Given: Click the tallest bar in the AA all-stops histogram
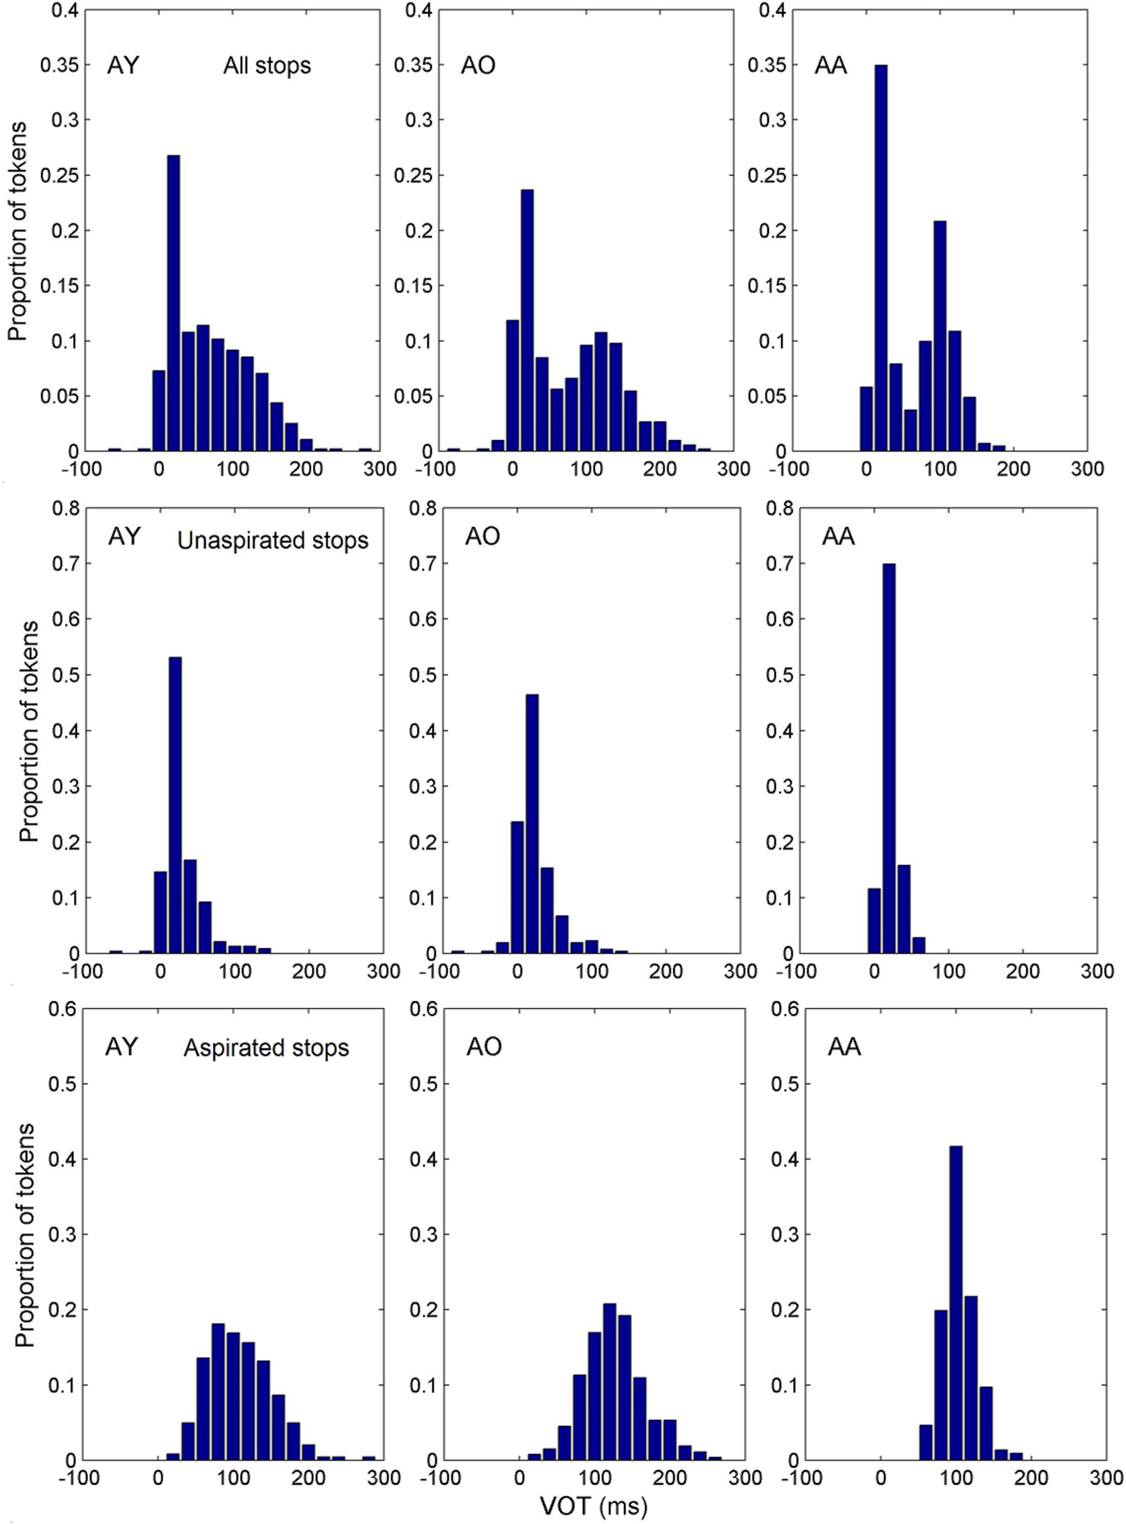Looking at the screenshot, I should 881,257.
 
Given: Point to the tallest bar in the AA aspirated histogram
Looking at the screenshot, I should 955,1303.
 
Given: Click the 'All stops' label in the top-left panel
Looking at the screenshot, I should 267,66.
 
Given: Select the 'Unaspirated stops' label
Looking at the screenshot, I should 273,541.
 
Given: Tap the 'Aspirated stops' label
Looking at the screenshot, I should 266,1048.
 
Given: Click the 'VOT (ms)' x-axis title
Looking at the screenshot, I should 594,1506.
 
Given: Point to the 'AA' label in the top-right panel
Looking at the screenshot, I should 831,65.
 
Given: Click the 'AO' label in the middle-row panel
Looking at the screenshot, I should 483,536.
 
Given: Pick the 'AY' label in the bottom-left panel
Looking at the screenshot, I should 122,1046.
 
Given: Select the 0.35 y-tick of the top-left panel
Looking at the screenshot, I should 60,65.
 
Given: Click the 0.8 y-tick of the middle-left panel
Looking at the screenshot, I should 66,508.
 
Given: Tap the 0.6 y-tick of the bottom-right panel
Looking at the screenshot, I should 786,1009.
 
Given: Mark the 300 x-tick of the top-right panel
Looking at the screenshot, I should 1087,469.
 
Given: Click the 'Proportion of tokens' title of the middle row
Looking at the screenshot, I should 29,731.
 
